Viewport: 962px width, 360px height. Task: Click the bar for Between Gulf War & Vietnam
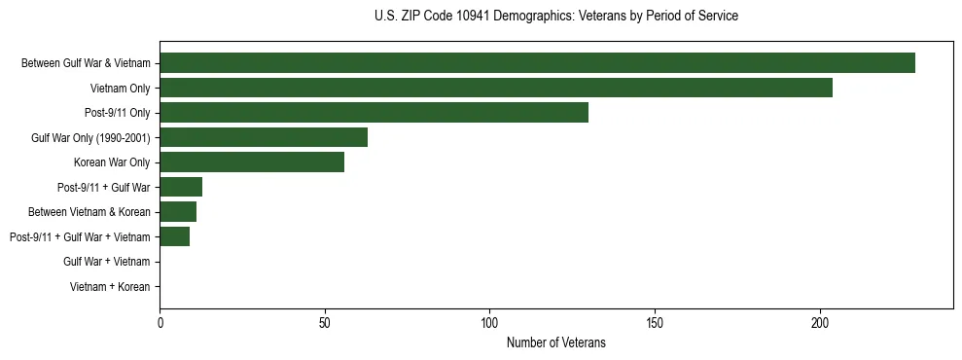click(537, 63)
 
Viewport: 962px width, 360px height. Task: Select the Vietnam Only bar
click(496, 88)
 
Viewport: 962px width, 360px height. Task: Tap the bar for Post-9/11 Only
click(374, 113)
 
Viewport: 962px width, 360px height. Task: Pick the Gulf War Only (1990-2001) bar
click(264, 137)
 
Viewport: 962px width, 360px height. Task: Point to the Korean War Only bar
click(252, 162)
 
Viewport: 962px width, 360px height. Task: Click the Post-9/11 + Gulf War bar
click(181, 187)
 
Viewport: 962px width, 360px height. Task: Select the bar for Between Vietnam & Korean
click(178, 212)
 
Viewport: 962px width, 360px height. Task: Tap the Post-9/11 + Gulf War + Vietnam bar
click(175, 236)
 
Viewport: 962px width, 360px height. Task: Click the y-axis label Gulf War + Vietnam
click(107, 262)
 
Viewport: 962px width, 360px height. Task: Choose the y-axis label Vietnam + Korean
click(110, 287)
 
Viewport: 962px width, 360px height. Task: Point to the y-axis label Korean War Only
click(112, 162)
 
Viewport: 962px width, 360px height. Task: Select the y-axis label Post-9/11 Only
click(118, 113)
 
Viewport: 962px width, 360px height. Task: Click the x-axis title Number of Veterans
click(556, 342)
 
